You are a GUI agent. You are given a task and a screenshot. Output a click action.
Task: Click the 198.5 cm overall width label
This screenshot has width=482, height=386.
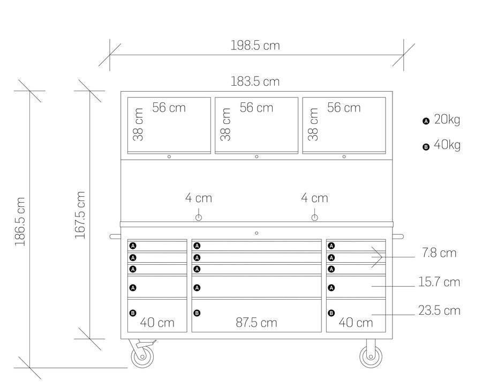(x=255, y=46)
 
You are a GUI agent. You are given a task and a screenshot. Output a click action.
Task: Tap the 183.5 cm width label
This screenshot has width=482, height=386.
(x=255, y=81)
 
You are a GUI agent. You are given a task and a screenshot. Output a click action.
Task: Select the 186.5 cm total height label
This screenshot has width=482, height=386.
(x=20, y=221)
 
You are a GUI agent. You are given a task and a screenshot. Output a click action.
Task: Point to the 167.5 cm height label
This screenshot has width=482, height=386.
(x=80, y=215)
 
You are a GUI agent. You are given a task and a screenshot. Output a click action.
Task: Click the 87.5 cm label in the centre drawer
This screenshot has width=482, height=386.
(x=257, y=323)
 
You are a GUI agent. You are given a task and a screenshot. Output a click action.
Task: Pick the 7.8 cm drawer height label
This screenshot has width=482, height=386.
(x=439, y=253)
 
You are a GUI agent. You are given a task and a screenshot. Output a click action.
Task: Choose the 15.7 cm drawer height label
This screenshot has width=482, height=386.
(x=439, y=282)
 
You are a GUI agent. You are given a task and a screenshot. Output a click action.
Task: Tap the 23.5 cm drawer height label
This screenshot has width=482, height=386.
(x=439, y=310)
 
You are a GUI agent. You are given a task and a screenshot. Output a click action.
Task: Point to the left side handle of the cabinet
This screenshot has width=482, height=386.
(x=115, y=236)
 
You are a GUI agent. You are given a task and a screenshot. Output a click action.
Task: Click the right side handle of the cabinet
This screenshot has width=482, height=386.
(x=398, y=236)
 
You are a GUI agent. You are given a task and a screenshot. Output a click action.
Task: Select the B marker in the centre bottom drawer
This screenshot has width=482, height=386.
(x=197, y=313)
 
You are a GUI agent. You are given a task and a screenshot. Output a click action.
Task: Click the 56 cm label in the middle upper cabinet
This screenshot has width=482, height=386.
(x=257, y=108)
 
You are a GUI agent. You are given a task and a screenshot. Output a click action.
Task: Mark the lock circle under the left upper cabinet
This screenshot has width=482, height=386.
(x=169, y=157)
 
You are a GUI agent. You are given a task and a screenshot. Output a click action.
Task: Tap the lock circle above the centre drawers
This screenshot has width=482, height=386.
(x=257, y=233)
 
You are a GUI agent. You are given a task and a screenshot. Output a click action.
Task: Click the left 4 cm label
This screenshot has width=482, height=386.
(x=199, y=198)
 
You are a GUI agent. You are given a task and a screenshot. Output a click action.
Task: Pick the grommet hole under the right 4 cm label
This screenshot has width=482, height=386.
(x=314, y=218)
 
